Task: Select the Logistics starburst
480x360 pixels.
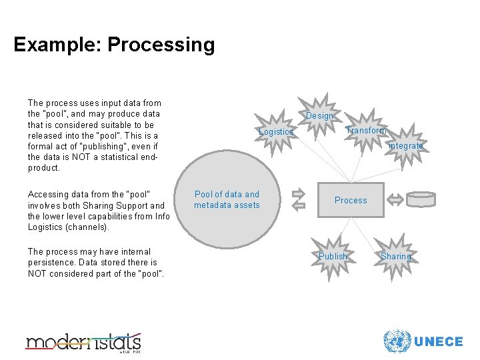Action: [x=276, y=132]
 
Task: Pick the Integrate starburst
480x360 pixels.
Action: [x=405, y=146]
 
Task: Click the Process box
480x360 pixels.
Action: [x=351, y=200]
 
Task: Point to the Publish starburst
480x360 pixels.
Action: [x=333, y=257]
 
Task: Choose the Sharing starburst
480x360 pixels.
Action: [x=396, y=257]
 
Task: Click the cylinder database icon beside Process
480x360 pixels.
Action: [x=421, y=199]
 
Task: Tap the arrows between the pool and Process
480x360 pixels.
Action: [x=297, y=199]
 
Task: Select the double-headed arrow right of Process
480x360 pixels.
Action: [x=395, y=199]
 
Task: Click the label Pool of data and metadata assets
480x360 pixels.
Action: [x=227, y=200]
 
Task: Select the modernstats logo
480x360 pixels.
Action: [x=83, y=342]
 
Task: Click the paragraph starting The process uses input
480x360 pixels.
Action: [x=94, y=135]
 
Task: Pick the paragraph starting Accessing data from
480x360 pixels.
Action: [x=97, y=211]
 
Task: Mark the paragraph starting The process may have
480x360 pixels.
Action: [x=96, y=263]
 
